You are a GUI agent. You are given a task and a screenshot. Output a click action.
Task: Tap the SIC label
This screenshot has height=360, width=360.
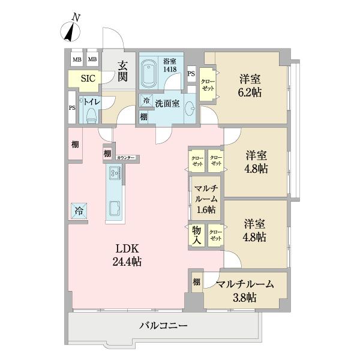click(80, 78)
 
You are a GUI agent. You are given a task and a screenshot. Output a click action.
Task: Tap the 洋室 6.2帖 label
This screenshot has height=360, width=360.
click(250, 85)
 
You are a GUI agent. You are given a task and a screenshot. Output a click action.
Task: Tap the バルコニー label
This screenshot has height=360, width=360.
click(164, 326)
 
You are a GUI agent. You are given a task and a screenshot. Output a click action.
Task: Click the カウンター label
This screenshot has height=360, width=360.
click(126, 157)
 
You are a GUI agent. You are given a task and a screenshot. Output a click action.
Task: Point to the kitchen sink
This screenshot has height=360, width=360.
click(115, 209)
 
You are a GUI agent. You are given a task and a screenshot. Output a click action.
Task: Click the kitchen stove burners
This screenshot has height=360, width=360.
click(115, 173)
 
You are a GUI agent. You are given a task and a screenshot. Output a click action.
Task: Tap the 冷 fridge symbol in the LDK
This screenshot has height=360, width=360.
click(79, 211)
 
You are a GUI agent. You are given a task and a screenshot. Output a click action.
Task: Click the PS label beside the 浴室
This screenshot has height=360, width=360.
click(191, 74)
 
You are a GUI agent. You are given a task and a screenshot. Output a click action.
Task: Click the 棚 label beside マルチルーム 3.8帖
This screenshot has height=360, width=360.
click(196, 282)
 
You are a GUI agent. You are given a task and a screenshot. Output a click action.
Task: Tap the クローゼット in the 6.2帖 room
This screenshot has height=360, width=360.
click(207, 85)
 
